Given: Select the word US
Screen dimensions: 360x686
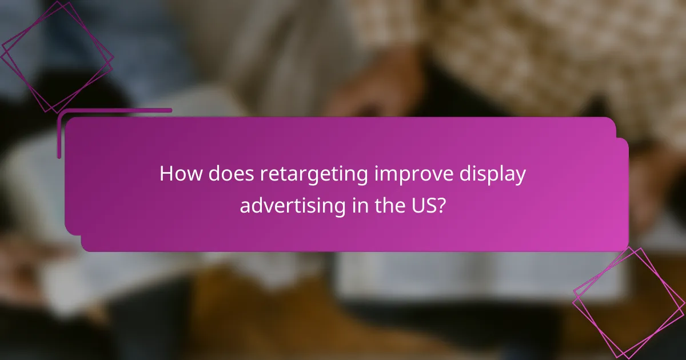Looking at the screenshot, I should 423,205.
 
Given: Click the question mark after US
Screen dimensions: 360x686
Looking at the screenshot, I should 441,205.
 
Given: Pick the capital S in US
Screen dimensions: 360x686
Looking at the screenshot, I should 429,205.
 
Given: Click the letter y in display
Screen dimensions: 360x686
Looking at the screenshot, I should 519,177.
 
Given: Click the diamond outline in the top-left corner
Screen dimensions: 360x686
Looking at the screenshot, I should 57,57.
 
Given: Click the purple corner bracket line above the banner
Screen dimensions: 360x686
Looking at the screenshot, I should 114,110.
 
